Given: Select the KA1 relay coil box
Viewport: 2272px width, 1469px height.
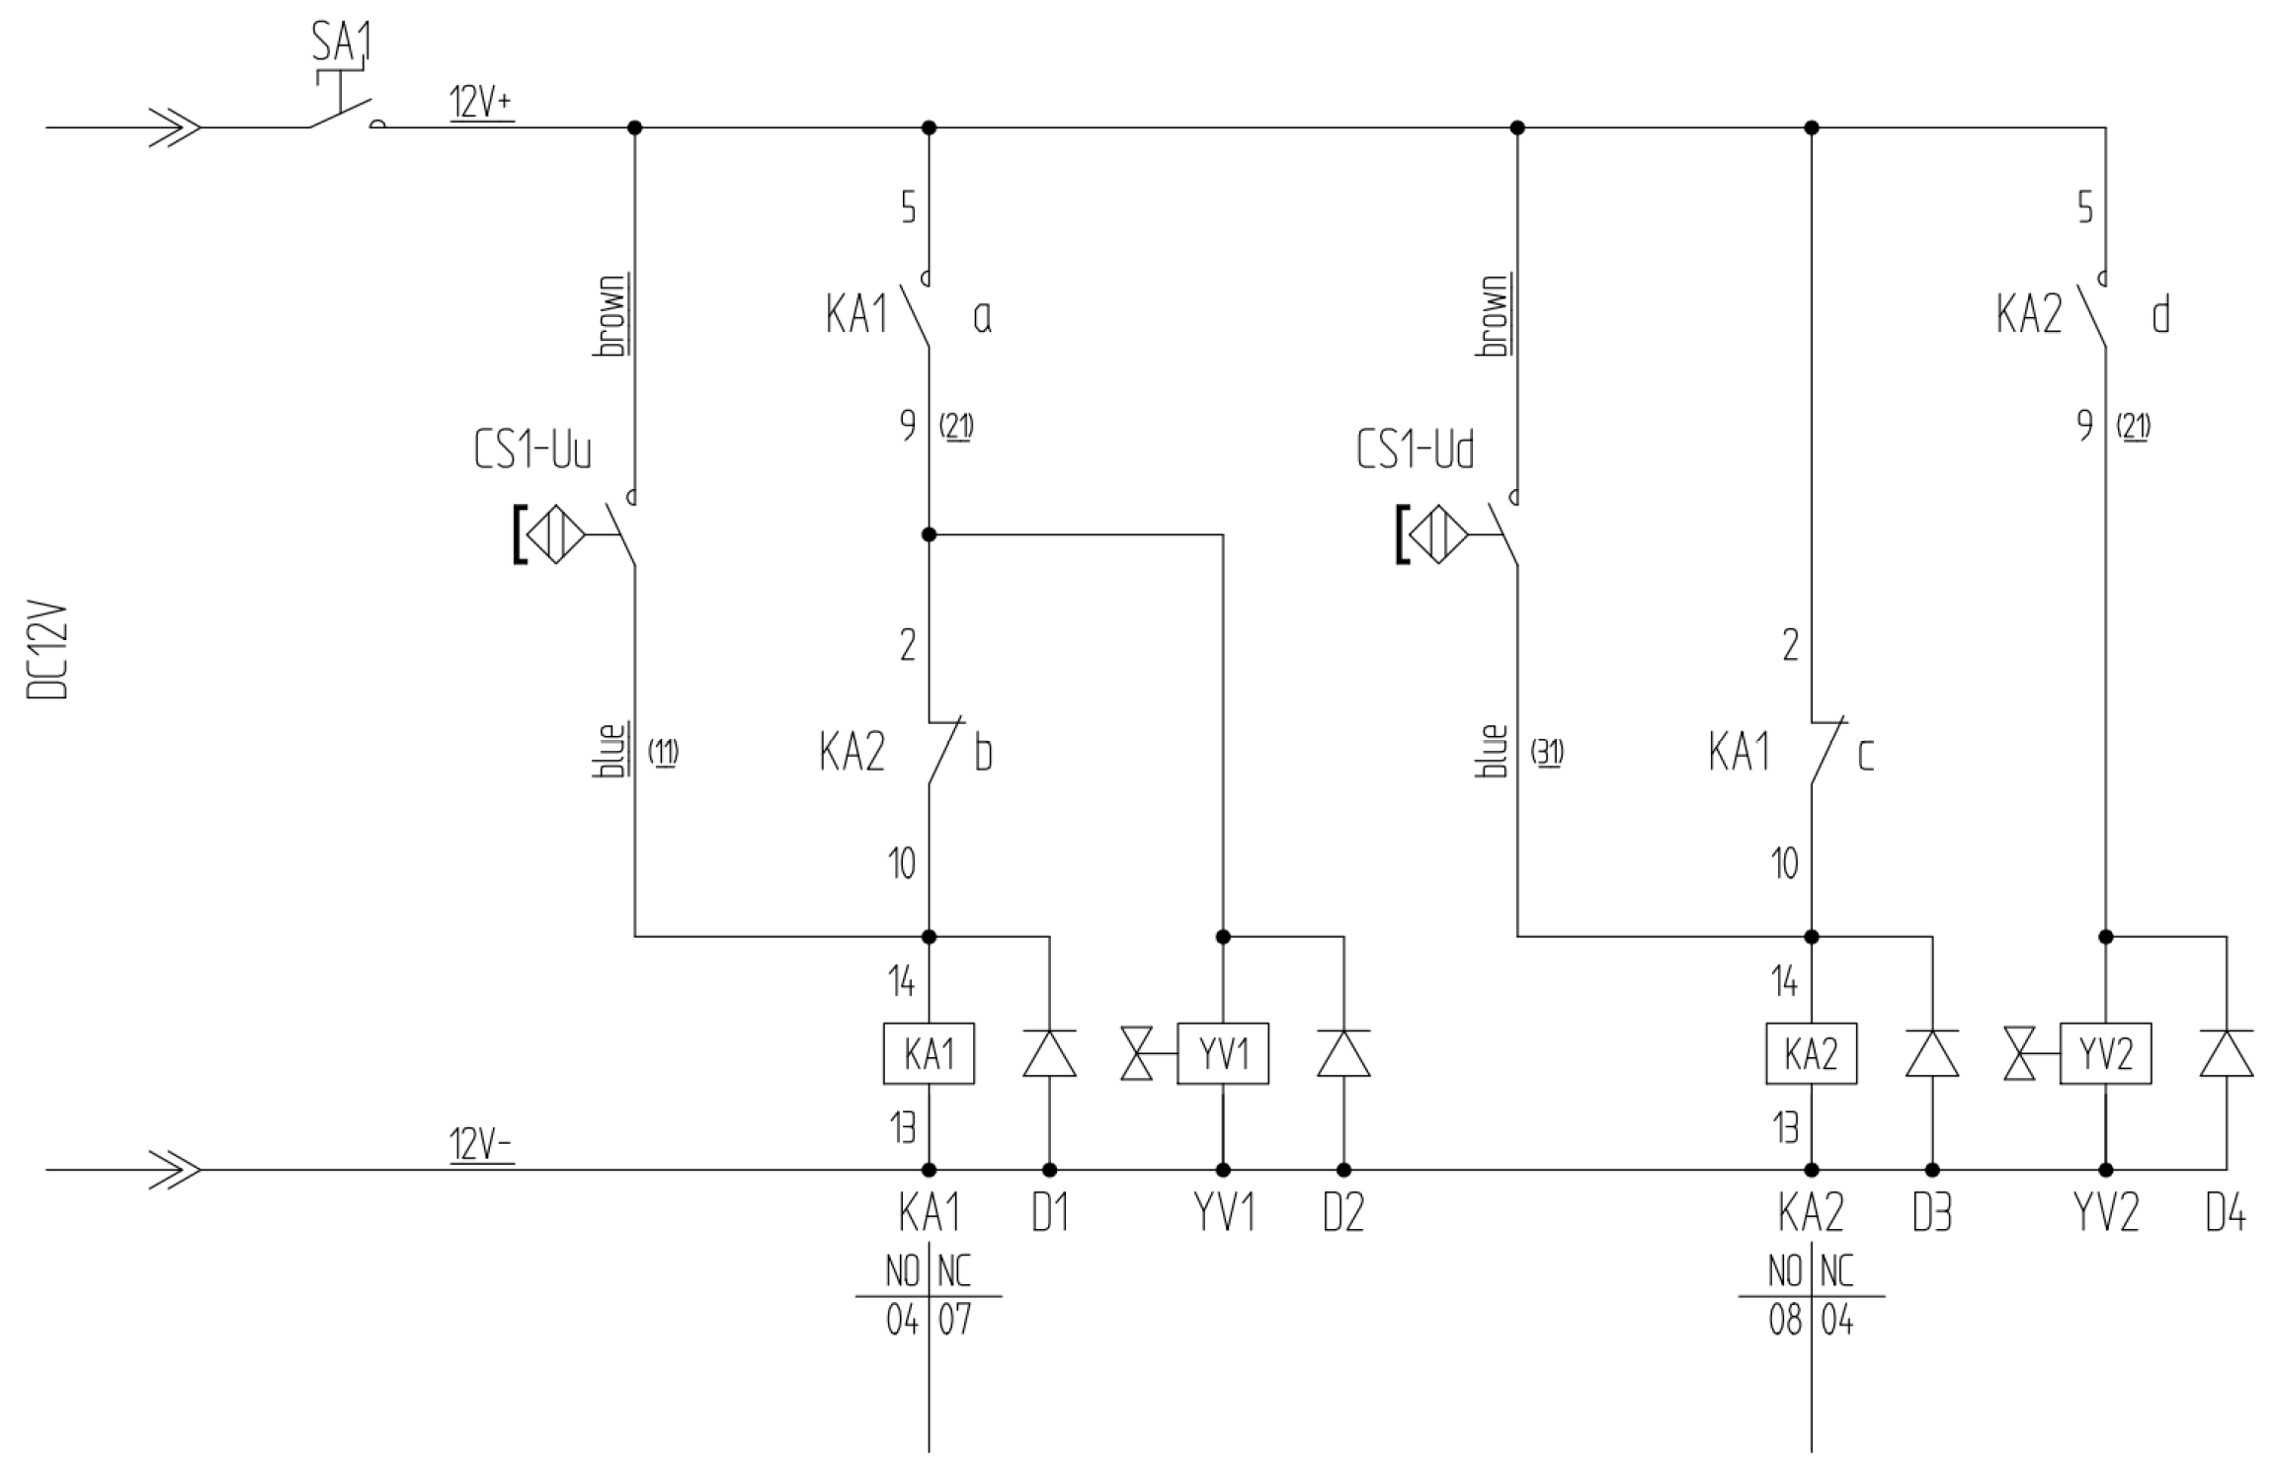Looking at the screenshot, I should pyautogui.click(x=928, y=1054).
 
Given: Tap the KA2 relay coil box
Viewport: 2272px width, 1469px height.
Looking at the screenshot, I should pyautogui.click(x=1811, y=1054).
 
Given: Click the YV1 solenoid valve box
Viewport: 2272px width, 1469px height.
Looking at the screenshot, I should pyautogui.click(x=1222, y=1054).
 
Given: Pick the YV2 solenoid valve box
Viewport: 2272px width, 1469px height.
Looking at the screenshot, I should pyautogui.click(x=2105, y=1054).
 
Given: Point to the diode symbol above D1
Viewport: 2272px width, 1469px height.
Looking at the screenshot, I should pyautogui.click(x=1049, y=1053).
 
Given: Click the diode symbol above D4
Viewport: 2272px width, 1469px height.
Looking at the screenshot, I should pyautogui.click(x=2227, y=1053).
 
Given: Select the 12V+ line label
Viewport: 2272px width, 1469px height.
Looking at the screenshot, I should pyautogui.click(x=481, y=103).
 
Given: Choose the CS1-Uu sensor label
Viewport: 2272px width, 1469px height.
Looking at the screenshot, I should pyautogui.click(x=532, y=451).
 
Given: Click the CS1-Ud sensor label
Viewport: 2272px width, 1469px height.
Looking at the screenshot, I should pyautogui.click(x=1415, y=451).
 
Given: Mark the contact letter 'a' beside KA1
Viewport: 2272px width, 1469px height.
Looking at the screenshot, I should pyautogui.click(x=982, y=317).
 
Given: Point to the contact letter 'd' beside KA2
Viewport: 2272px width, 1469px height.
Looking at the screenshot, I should pyautogui.click(x=2160, y=316).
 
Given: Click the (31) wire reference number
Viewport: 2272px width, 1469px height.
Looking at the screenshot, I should pyautogui.click(x=1547, y=753).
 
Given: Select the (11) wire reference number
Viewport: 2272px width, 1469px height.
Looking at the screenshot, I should pyautogui.click(x=663, y=753).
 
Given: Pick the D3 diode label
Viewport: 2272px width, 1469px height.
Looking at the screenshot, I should pyautogui.click(x=1931, y=1213).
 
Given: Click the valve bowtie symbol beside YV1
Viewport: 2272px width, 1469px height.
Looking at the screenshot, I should pyautogui.click(x=1137, y=1054).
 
